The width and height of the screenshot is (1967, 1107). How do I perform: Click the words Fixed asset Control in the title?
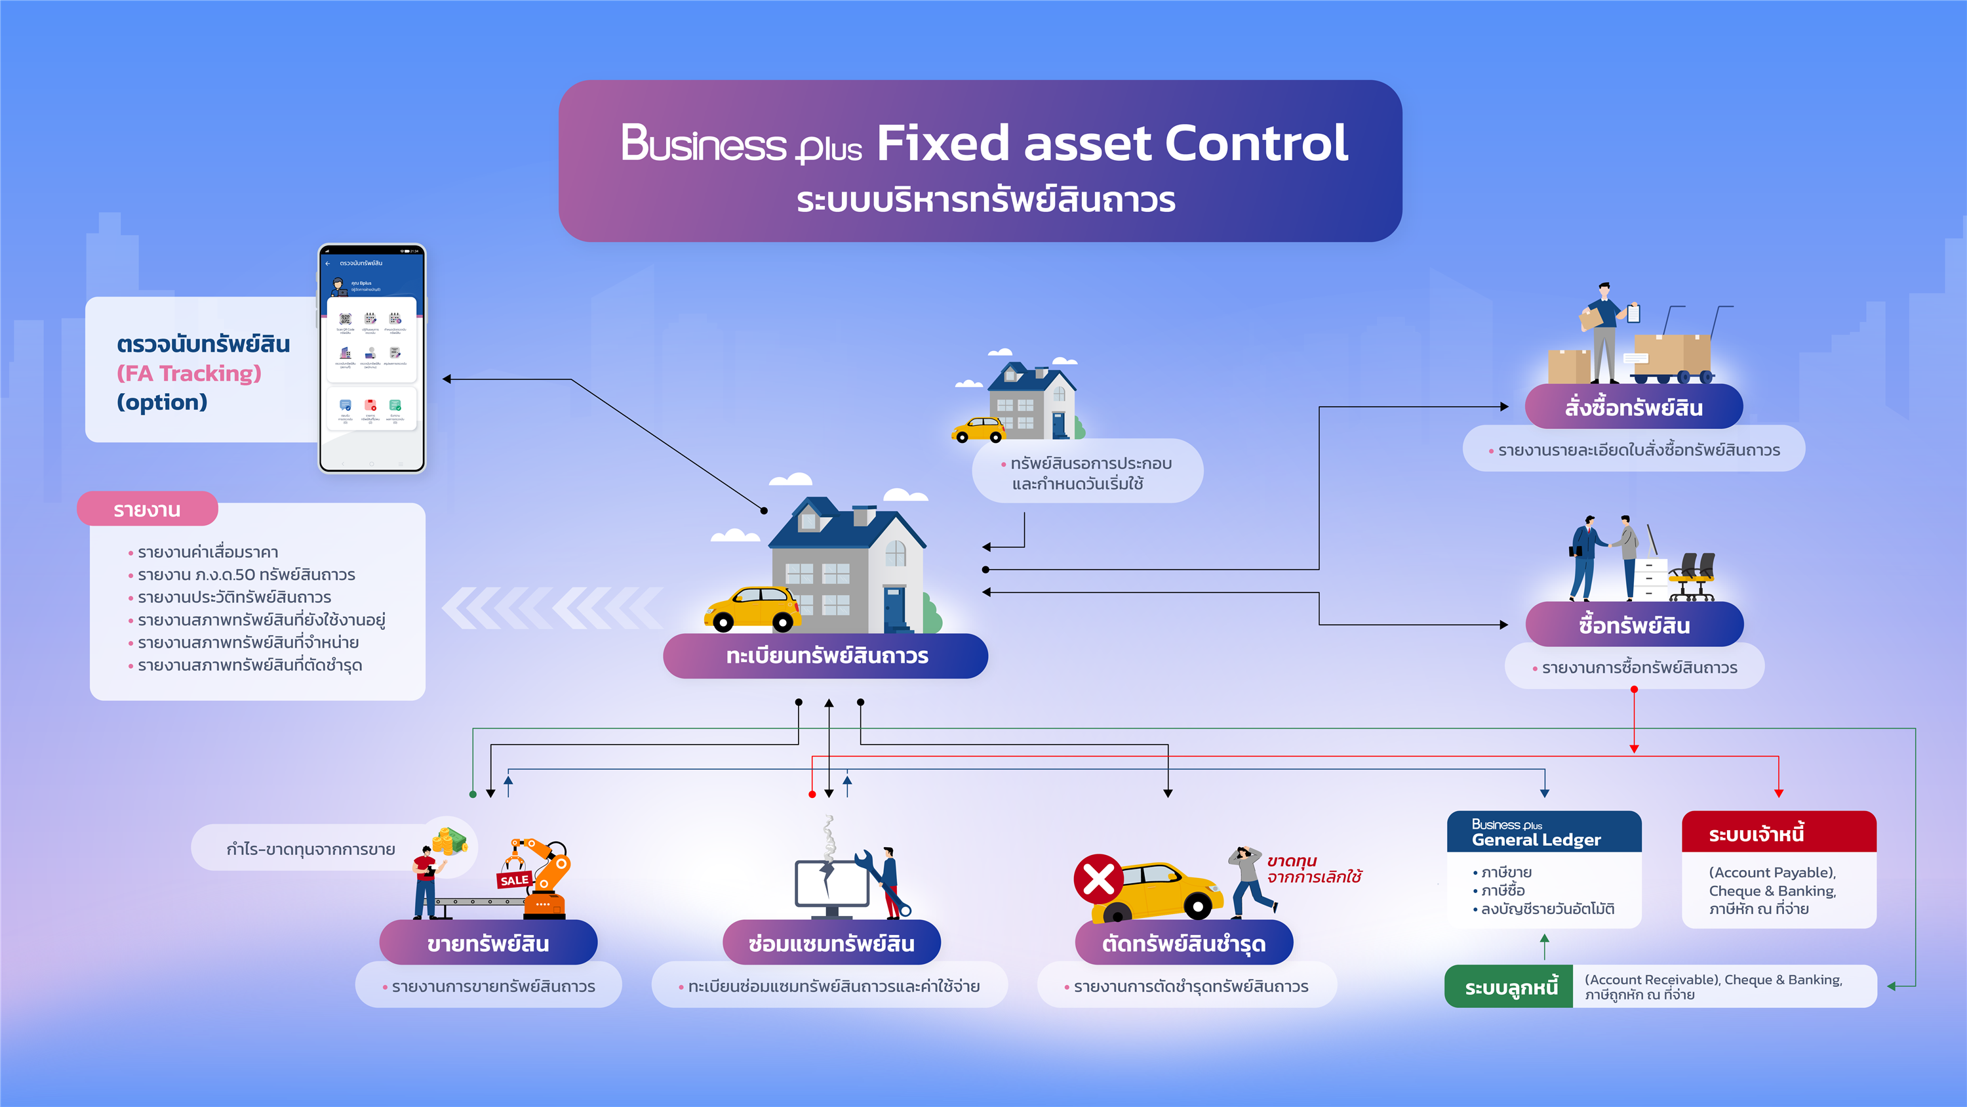click(x=1112, y=144)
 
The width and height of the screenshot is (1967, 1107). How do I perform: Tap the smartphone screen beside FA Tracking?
click(x=371, y=359)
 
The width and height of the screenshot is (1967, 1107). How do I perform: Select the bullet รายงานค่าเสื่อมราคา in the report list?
click(x=208, y=553)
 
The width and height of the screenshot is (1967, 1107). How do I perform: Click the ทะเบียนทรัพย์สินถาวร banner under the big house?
click(x=825, y=656)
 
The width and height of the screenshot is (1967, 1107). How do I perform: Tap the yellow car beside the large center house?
click(x=752, y=609)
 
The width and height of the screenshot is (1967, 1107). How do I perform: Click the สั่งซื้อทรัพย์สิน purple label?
click(x=1633, y=407)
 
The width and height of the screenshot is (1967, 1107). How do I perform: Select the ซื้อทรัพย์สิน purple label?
click(x=1633, y=625)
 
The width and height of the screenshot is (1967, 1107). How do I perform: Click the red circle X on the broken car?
click(x=1098, y=879)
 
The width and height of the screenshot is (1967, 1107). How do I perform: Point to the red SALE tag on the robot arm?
click(x=514, y=880)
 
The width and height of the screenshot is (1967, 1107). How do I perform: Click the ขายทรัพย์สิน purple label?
click(x=488, y=944)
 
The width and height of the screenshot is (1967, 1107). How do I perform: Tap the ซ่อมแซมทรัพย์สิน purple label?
click(x=831, y=944)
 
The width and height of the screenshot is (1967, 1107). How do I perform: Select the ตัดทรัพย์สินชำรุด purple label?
click(x=1183, y=944)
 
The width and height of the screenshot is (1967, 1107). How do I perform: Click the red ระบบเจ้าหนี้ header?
click(x=1778, y=833)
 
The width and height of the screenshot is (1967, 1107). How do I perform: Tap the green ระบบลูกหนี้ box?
click(x=1509, y=987)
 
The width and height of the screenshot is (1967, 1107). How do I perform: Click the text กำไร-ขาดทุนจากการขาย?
click(x=311, y=848)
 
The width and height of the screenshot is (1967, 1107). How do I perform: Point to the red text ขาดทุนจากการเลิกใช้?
click(x=1313, y=869)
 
